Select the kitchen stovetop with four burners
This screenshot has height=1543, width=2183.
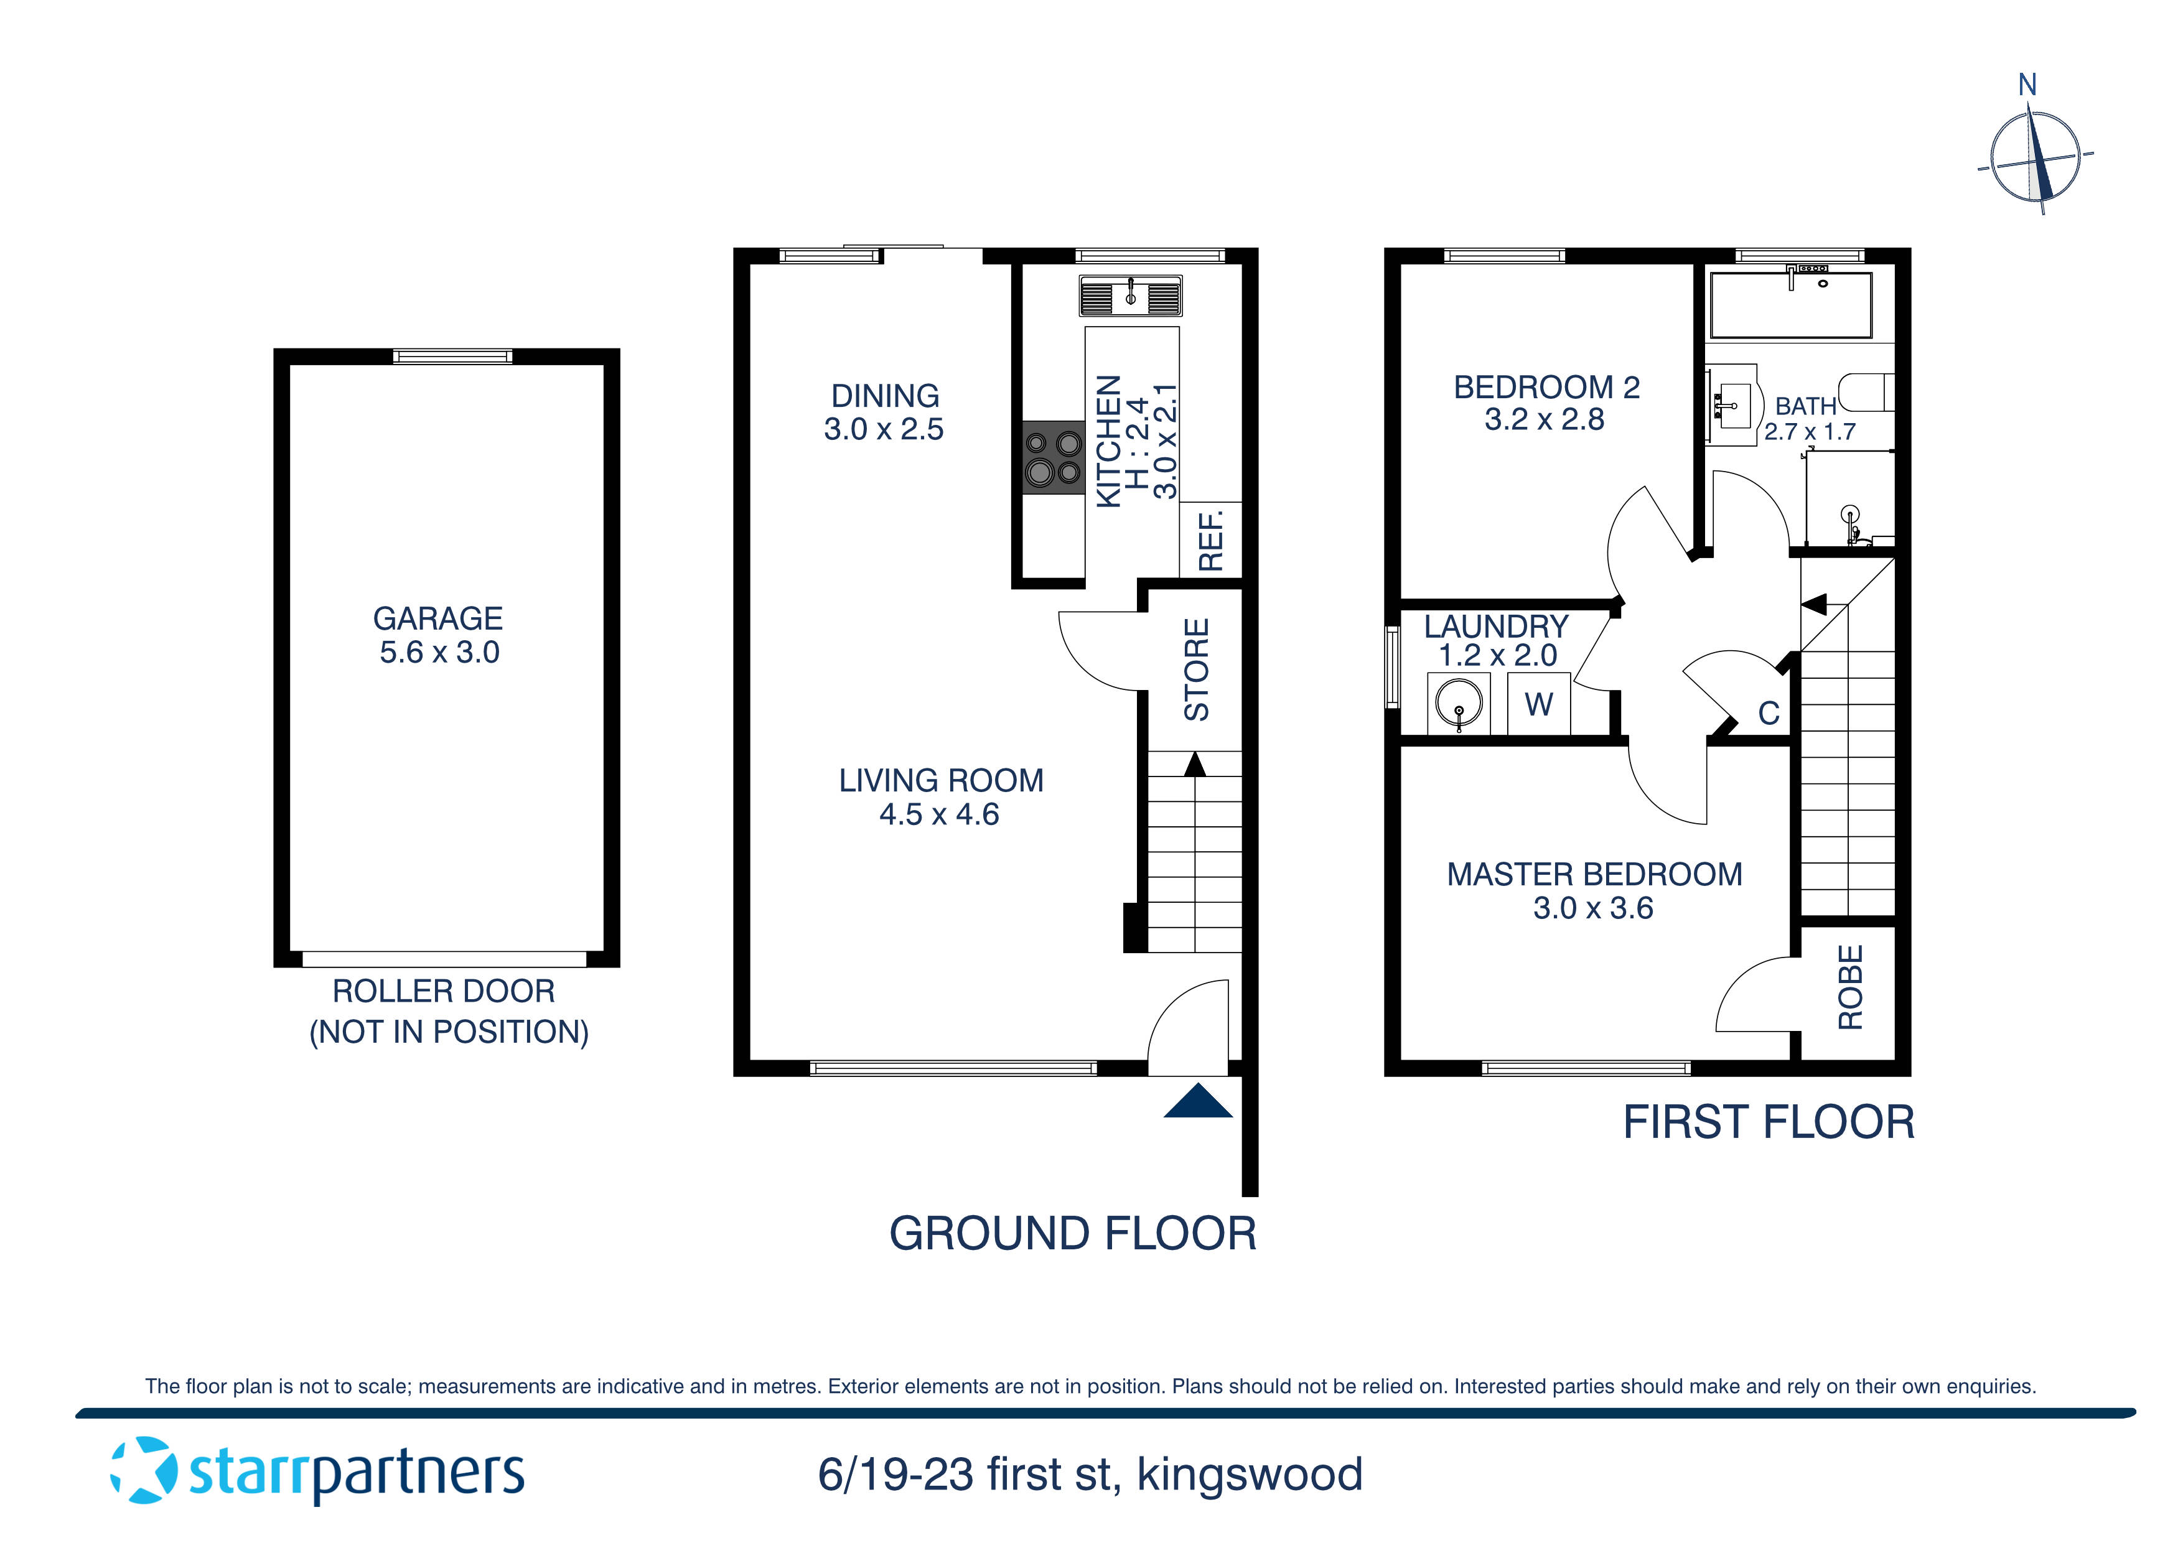(1054, 457)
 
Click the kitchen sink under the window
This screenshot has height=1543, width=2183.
(1131, 296)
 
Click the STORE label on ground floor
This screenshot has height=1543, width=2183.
(1196, 669)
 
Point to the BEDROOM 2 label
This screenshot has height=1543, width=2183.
(1546, 388)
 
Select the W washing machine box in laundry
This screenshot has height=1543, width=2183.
(1538, 704)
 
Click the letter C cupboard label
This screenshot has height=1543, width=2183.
(1769, 713)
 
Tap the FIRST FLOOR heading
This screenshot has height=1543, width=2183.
(1769, 1123)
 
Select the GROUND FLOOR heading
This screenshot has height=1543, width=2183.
(1072, 1234)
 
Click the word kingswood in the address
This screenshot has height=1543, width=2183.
(1250, 1475)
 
